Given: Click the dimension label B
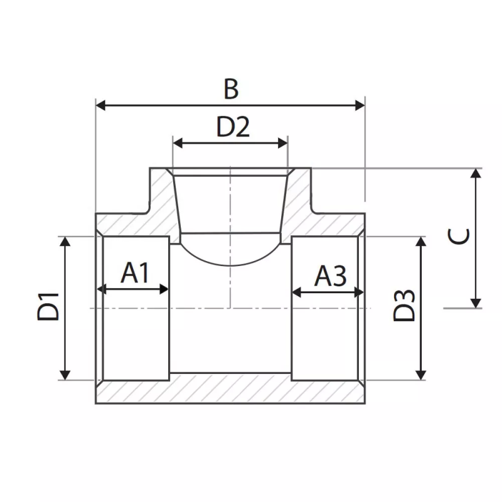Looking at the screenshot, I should coord(231,89).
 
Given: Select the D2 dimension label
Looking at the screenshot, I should coord(233,127).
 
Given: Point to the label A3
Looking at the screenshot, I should coord(330,275).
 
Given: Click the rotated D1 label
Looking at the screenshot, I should coord(48,307).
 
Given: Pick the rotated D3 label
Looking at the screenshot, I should coord(405,306).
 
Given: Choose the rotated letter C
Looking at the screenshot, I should coord(459,237).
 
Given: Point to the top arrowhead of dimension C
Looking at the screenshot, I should coord(476,174).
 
